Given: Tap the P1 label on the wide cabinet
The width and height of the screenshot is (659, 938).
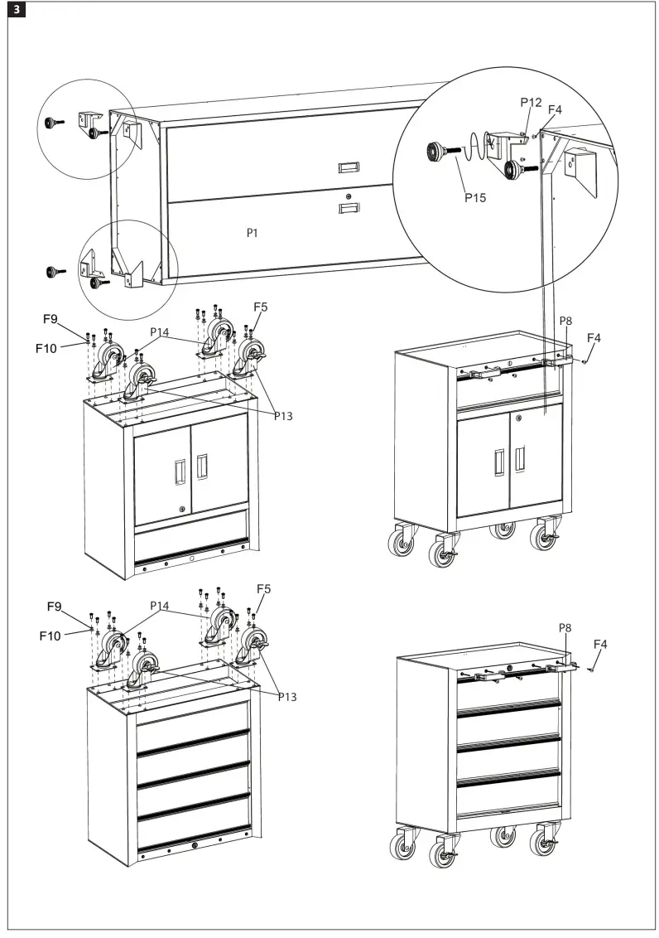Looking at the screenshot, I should coord(253,234).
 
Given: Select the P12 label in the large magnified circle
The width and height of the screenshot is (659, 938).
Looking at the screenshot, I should coord(531,102).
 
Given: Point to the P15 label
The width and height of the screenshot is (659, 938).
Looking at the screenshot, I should coord(474,198).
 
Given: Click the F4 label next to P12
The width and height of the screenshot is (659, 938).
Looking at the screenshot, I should coord(555,109).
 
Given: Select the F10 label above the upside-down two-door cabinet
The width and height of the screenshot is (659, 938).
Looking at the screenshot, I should coord(46,348).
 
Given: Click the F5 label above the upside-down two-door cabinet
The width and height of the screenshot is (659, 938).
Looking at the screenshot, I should coord(260,307).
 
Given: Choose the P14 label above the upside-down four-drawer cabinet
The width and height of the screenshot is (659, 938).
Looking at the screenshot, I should coord(160,606).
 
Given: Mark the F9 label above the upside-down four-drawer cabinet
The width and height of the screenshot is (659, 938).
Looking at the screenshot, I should coord(54,607).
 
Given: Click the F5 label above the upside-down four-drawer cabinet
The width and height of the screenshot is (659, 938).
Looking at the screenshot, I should coord(262,589).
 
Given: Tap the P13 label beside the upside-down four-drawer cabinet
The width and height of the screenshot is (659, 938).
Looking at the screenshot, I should coord(286,697).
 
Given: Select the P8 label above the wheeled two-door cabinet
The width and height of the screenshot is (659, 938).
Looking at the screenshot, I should coord(566,321).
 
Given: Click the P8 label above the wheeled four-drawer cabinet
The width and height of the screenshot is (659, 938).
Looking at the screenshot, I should coord(566,629).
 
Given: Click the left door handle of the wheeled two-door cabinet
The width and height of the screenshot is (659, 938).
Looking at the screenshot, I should coord(498,461).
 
